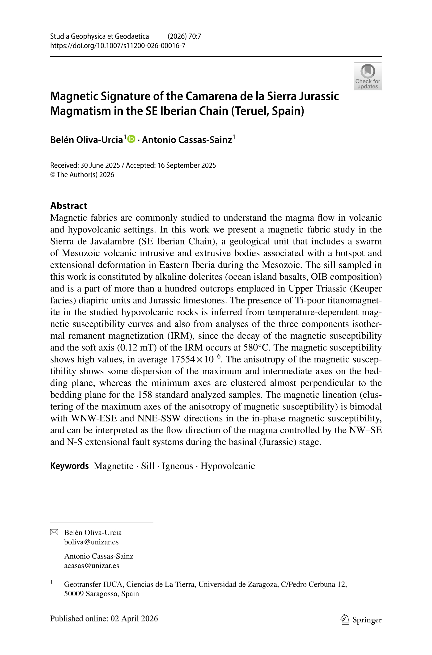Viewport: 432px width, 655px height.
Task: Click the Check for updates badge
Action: [368, 76]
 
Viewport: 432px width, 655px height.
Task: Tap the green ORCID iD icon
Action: [132, 139]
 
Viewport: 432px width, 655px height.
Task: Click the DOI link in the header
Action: [118, 46]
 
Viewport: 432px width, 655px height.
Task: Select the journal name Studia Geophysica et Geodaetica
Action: [99, 36]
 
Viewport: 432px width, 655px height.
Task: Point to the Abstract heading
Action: [69, 206]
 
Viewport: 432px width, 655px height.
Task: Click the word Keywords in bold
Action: [69, 466]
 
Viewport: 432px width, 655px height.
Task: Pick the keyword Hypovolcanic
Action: [228, 466]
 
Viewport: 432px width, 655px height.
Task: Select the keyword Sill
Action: [148, 466]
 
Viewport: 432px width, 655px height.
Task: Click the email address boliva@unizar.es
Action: [91, 542]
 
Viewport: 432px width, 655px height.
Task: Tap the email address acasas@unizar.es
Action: [91, 566]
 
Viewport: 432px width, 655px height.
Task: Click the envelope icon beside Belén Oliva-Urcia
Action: [54, 532]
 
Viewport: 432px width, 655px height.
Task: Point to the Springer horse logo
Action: [344, 619]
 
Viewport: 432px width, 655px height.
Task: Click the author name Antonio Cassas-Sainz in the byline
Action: [187, 140]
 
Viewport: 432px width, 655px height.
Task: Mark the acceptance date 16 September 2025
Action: [186, 165]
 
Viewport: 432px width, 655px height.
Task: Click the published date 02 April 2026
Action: [134, 619]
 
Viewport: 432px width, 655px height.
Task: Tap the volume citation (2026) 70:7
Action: [184, 36]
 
